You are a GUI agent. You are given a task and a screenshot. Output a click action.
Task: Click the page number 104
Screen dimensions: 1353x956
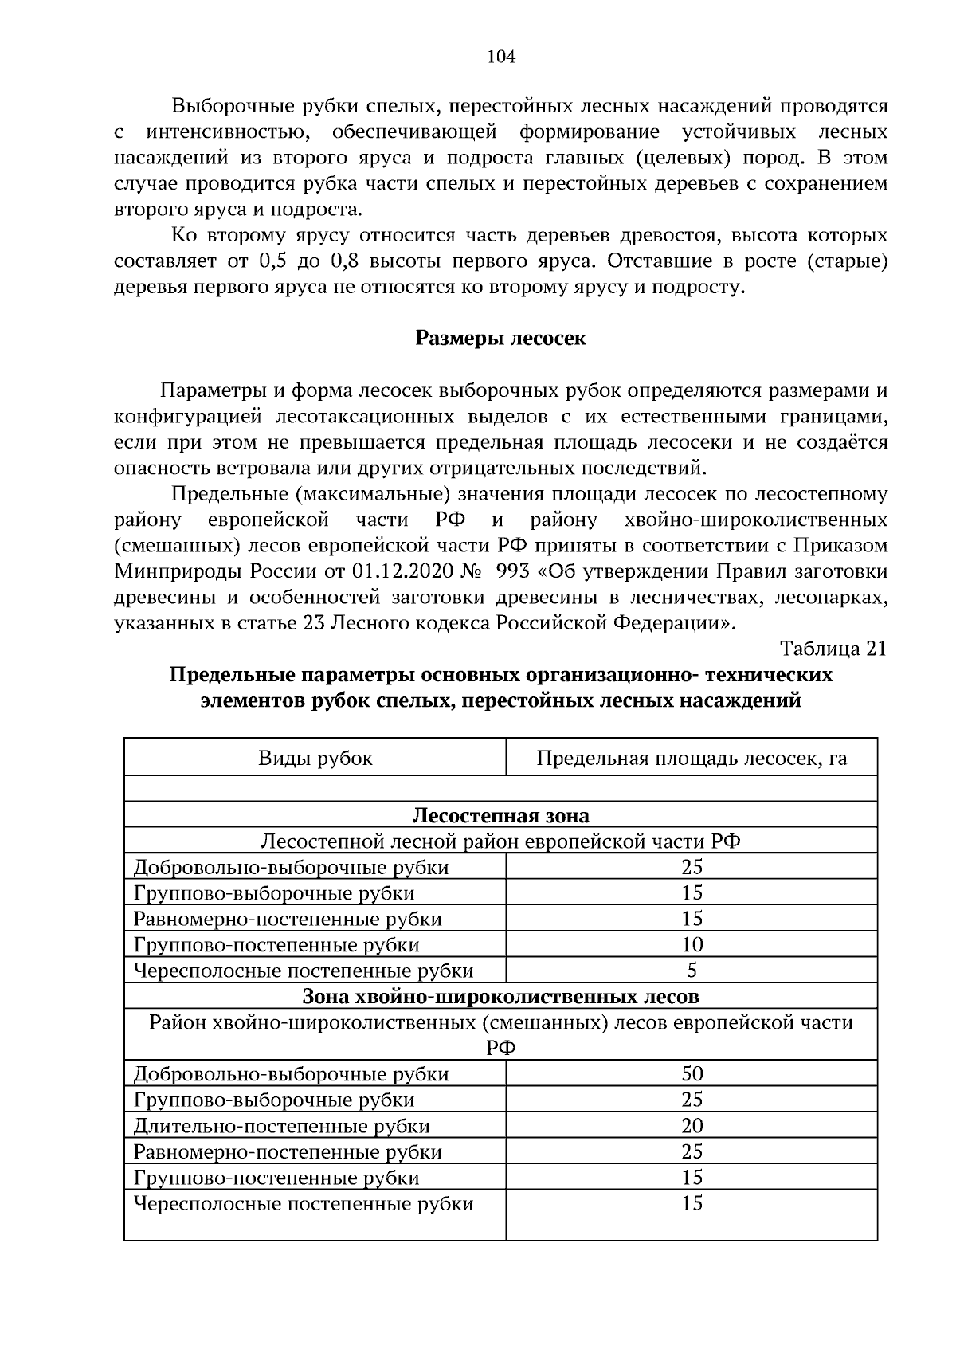pos(500,57)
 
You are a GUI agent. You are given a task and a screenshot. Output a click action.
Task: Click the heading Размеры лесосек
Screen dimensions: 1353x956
pos(500,339)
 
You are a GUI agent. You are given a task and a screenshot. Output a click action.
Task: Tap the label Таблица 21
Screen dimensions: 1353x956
pos(833,649)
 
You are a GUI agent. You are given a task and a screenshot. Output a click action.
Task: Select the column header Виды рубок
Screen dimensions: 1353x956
pos(315,758)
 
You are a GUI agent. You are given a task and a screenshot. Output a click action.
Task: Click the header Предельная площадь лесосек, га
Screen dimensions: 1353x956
pos(692,758)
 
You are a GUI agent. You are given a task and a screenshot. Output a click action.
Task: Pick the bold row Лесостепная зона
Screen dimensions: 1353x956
pos(500,815)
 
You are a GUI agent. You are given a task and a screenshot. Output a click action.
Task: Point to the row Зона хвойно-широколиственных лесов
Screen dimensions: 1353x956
pos(500,996)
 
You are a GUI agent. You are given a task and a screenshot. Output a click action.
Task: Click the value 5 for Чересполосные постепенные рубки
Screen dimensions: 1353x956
pos(692,971)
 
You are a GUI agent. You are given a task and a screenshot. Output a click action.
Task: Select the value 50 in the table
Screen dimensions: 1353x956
pos(692,1073)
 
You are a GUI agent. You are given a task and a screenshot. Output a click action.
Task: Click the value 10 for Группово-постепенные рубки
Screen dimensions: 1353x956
pos(692,945)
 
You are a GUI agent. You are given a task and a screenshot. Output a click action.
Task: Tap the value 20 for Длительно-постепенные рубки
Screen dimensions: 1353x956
pos(692,1125)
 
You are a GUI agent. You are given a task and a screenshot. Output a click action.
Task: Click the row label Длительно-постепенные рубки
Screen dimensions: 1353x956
pos(282,1126)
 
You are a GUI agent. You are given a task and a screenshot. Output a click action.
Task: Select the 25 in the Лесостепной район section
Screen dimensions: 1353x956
pos(692,867)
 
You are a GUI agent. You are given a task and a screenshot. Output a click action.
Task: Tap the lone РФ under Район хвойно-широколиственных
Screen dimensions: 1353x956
pos(500,1048)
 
